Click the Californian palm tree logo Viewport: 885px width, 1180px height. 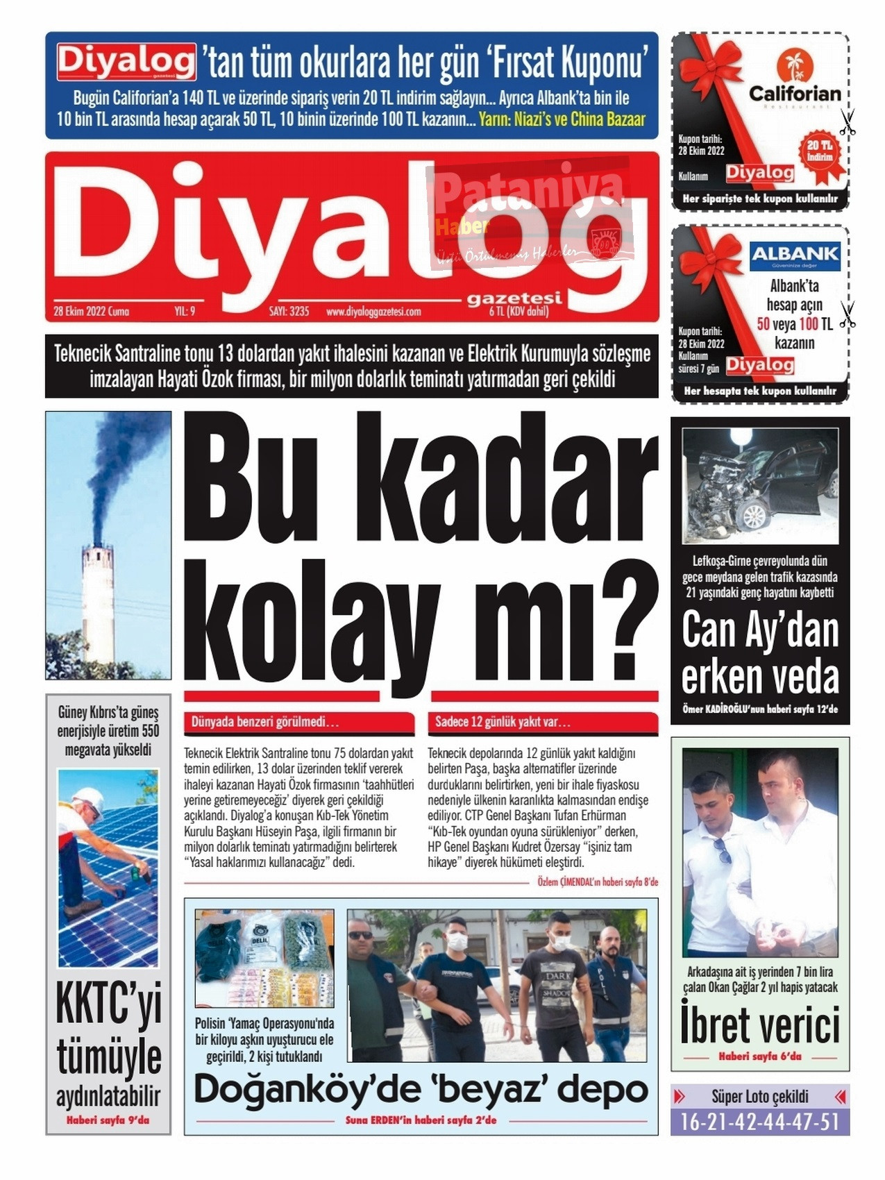pos(794,65)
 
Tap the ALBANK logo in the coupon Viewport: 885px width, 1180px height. pos(795,255)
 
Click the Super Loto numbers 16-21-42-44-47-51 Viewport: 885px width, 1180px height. pos(760,1122)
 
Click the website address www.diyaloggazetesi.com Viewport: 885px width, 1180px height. pos(373,312)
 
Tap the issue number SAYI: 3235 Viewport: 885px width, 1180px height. pos(289,312)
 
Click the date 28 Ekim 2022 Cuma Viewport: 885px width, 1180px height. pos(91,312)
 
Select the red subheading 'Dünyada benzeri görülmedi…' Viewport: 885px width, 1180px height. pos(265,722)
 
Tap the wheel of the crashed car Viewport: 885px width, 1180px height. pos(753,515)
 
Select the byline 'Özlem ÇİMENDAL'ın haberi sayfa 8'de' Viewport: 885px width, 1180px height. pos(598,882)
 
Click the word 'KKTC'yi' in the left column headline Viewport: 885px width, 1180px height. pos(108,1004)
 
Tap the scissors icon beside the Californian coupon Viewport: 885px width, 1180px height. pos(847,123)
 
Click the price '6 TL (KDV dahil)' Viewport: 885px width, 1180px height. pos(519,312)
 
